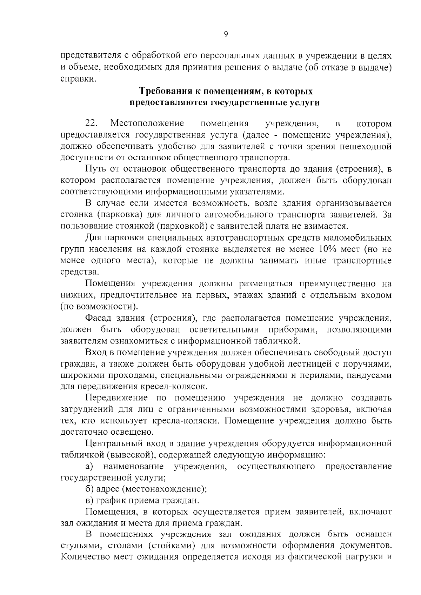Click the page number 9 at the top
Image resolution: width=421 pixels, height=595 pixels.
(226, 34)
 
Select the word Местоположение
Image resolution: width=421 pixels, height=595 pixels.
(148, 123)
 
